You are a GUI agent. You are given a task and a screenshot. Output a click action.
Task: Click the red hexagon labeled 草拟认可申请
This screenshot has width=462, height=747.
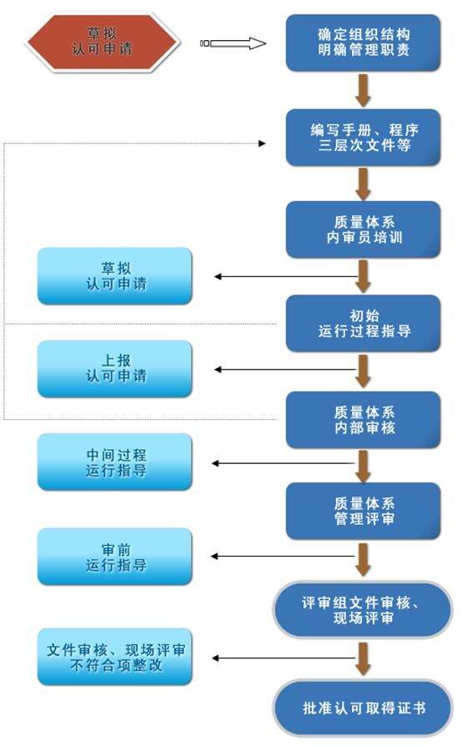(x=103, y=43)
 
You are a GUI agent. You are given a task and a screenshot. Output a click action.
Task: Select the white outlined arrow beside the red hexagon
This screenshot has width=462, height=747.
(x=234, y=43)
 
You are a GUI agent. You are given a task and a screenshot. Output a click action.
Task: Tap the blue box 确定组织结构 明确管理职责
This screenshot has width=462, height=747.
(x=363, y=43)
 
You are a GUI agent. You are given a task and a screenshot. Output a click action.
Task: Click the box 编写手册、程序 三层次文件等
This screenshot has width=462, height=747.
(x=363, y=137)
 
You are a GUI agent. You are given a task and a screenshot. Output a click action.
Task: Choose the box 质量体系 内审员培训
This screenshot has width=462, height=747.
(x=363, y=230)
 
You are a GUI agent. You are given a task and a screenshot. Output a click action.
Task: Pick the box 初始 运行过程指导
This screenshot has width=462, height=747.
(x=363, y=323)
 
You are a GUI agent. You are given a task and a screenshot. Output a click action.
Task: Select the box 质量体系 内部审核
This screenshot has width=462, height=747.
(x=363, y=419)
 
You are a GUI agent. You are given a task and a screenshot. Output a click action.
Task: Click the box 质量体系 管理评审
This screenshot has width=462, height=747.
(x=363, y=511)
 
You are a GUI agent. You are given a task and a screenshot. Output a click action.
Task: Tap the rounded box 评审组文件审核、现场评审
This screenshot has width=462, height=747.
(x=363, y=609)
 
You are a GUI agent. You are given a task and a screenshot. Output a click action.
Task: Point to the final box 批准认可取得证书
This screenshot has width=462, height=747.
(x=363, y=708)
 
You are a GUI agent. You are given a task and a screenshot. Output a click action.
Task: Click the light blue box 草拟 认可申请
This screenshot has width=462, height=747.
(x=115, y=275)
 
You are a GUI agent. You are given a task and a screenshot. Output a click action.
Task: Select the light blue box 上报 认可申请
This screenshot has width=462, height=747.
(x=115, y=369)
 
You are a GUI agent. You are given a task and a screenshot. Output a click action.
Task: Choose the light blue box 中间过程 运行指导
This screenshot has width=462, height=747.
(x=115, y=462)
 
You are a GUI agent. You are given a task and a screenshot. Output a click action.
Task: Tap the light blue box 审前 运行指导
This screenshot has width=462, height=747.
(x=115, y=557)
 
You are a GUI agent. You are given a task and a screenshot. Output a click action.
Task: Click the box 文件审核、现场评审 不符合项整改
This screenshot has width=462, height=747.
(x=115, y=657)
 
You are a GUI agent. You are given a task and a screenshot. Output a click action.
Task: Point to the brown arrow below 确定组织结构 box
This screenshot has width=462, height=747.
(x=363, y=90)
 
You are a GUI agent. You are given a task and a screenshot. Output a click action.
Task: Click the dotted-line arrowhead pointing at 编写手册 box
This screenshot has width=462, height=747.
(x=262, y=143)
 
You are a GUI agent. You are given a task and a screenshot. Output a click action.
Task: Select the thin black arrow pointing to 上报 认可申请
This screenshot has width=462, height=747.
(x=285, y=369)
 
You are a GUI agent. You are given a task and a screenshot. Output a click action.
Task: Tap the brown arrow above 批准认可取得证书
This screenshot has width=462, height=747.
(x=363, y=659)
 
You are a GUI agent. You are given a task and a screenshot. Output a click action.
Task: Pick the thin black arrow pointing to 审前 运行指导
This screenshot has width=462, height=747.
(x=283, y=556)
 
